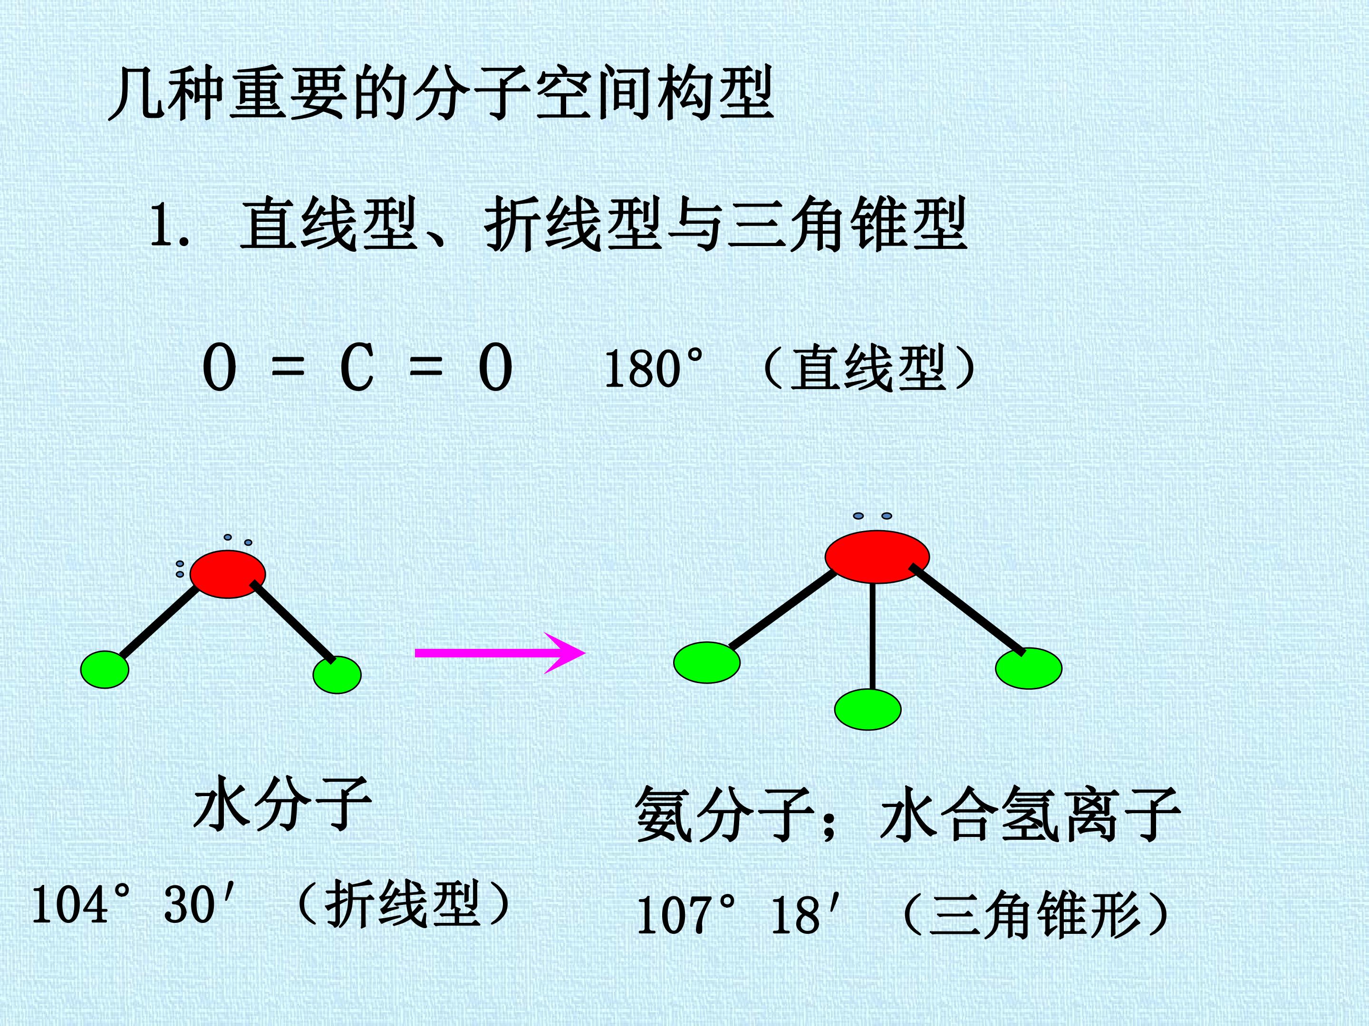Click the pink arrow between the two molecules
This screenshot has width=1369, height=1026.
coord(500,653)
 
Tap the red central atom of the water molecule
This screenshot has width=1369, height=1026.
coord(228,574)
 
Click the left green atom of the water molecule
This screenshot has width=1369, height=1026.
coord(105,669)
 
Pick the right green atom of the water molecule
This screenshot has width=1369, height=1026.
coord(337,674)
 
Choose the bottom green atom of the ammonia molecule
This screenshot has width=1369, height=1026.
coord(868,709)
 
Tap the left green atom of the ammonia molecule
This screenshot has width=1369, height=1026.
coord(707,662)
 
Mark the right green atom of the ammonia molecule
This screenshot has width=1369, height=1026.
coord(1029,668)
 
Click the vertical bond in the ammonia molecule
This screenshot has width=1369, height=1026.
coord(872,636)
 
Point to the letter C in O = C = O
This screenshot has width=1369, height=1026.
coord(357,369)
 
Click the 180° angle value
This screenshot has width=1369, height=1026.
coord(654,369)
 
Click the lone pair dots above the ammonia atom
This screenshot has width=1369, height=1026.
coord(873,516)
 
